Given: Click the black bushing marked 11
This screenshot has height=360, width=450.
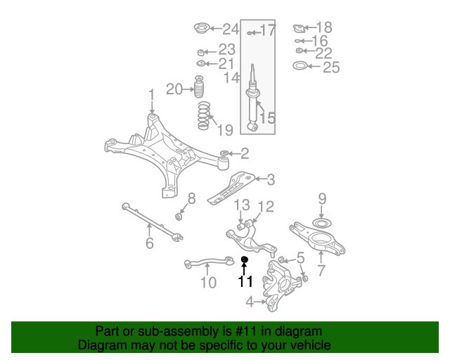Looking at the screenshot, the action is pos(244,260).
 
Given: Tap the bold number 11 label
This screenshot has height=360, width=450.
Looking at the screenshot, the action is pos(245,281).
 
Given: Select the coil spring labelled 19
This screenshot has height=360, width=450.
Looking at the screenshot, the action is pos(204,116).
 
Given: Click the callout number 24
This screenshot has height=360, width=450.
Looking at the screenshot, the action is pos(231,30).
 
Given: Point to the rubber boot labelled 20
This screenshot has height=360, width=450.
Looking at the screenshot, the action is pos(199,86).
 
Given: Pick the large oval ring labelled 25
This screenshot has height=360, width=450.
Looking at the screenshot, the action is pos(300,65).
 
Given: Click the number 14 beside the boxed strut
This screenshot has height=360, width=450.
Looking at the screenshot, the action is pos(231,77).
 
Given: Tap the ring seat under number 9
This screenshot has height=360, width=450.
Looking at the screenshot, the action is pos(322,223).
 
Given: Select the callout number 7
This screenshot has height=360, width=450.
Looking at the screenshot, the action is pos(321,270).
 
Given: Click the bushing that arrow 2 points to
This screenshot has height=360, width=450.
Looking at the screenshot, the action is pos(224,153).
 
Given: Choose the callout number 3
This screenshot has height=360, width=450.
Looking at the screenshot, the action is pos(271,180).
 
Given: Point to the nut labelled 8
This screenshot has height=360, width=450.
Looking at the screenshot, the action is pos(179,217).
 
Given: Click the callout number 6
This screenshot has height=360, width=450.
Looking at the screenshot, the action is pos(150,243).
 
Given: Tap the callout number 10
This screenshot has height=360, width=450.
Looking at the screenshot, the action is pos(208,283).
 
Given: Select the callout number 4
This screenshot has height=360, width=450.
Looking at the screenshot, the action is pos(250,302).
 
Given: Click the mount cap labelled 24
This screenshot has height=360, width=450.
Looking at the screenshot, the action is pos(202,28).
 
